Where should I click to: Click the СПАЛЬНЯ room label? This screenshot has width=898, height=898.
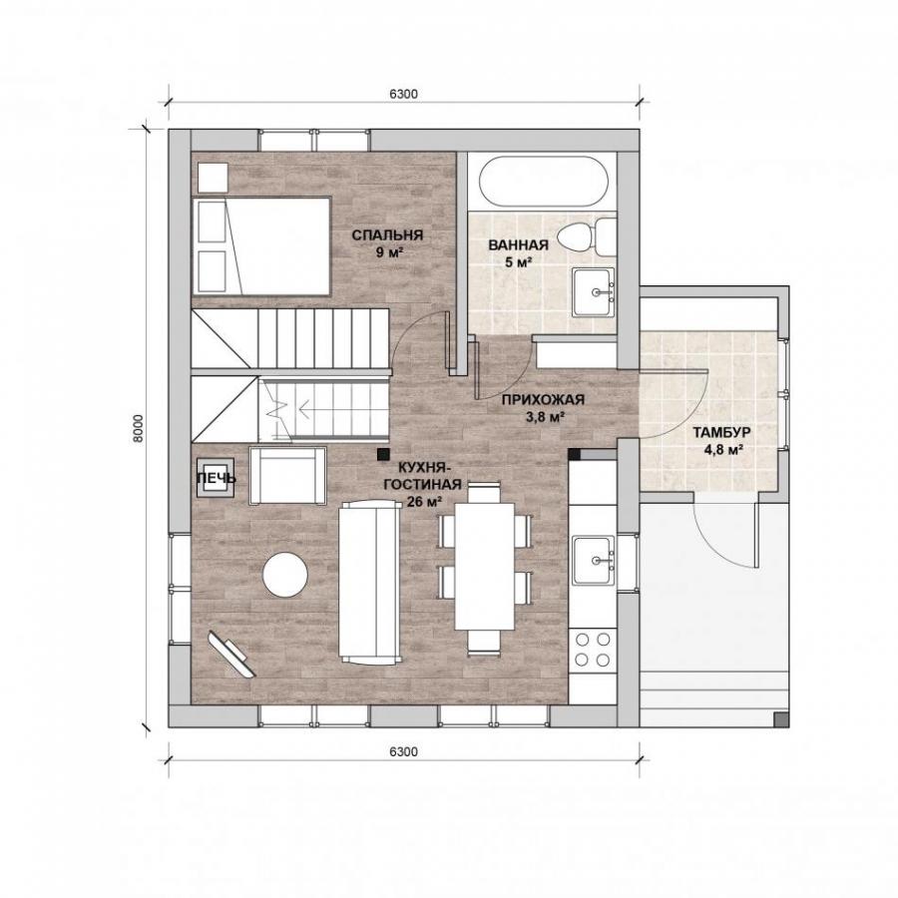(x=387, y=234)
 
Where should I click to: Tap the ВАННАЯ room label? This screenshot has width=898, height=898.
(x=518, y=245)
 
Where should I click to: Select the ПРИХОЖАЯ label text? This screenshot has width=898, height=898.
(x=543, y=400)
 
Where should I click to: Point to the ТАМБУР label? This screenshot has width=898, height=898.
(x=721, y=432)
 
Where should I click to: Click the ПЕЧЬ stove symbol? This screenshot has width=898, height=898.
(x=216, y=478)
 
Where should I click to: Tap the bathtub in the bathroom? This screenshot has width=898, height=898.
(x=543, y=183)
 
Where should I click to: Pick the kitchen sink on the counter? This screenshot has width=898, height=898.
(x=594, y=560)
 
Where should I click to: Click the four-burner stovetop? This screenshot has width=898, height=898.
(x=593, y=649)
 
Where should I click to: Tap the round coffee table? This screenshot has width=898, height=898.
(x=285, y=575)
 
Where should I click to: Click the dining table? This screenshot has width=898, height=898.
(x=485, y=566)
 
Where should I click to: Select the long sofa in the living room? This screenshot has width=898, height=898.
(x=370, y=582)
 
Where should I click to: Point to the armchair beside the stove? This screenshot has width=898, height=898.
(x=287, y=476)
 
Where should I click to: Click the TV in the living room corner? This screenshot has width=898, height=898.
(x=231, y=654)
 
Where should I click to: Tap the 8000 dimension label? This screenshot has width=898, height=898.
(x=137, y=428)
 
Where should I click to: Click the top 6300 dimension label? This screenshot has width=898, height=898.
(x=404, y=95)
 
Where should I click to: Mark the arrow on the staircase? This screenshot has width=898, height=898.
(x=311, y=409)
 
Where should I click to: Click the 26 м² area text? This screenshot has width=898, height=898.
(x=424, y=502)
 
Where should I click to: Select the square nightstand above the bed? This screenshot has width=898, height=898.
(x=214, y=178)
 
